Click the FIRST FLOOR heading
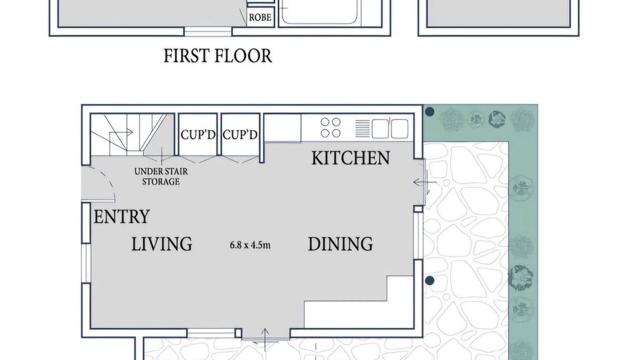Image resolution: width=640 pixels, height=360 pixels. tap(218, 55)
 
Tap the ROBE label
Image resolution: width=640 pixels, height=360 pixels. tap(260, 18)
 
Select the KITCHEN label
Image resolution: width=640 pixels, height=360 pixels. tap(350, 158)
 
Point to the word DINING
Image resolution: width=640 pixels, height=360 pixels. tap(340, 244)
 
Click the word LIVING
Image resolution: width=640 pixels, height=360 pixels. tap(162, 244)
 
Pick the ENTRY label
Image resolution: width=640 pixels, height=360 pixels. tap(122, 217)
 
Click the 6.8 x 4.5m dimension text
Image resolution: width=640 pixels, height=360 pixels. tap(250, 245)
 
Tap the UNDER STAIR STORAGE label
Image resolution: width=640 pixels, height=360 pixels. tap(161, 177)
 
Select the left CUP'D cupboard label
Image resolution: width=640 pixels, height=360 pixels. tap(198, 134)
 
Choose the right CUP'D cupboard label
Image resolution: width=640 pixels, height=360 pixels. tap(240, 134)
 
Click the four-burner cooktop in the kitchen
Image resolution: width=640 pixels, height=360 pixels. tap(331, 127)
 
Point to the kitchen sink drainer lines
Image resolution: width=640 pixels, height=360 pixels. tap(362, 129)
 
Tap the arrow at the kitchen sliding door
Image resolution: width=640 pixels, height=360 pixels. tap(425, 182)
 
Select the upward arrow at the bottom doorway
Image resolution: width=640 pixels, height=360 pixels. tap(265, 339)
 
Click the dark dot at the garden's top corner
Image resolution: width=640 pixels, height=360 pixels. tap(429, 111)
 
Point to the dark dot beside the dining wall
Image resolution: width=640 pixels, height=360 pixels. tap(429, 281)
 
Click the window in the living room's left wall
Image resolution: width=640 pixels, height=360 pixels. tap(86, 263)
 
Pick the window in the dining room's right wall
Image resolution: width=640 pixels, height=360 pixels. tap(418, 235)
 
